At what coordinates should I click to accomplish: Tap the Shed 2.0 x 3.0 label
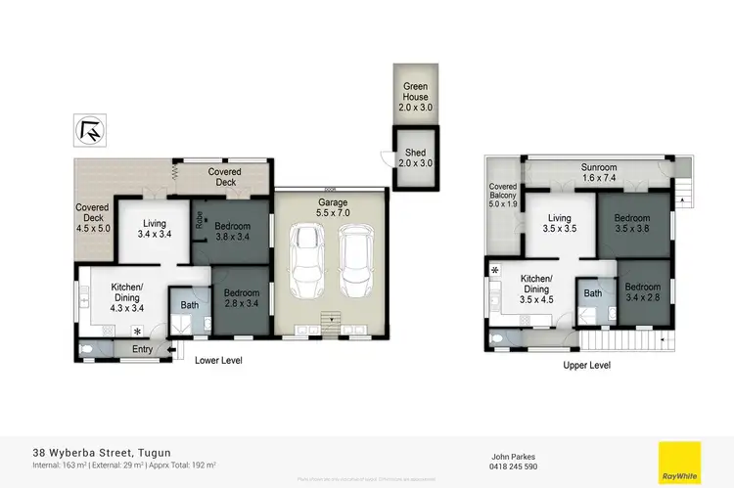coord(415,158)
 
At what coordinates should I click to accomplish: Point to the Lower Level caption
coord(218,361)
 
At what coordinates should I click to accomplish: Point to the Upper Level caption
coord(587,365)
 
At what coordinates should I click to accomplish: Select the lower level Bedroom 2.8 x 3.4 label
coord(240,297)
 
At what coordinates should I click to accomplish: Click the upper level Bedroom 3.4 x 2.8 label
coord(642,291)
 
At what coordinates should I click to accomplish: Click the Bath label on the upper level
coord(592,292)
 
